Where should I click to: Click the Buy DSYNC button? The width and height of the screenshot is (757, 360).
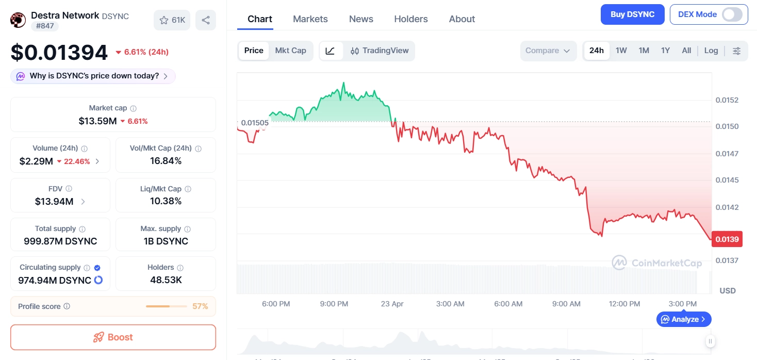pyautogui.click(x=632, y=14)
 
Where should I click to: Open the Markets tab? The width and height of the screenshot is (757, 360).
pyautogui.click(x=310, y=19)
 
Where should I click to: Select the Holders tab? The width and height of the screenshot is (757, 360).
pyautogui.click(x=410, y=19)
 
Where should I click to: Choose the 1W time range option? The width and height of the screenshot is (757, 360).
pyautogui.click(x=621, y=51)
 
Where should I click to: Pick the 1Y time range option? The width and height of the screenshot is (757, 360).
pyautogui.click(x=665, y=51)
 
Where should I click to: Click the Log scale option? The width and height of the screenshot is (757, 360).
pyautogui.click(x=711, y=51)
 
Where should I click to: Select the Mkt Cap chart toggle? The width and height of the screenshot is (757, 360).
pyautogui.click(x=290, y=51)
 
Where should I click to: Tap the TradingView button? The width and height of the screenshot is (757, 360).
pyautogui.click(x=380, y=51)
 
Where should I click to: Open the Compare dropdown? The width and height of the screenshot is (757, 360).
pyautogui.click(x=547, y=51)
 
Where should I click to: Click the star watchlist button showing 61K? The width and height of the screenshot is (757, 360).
pyautogui.click(x=172, y=20)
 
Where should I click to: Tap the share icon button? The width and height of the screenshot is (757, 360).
pyautogui.click(x=206, y=20)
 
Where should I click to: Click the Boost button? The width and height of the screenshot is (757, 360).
pyautogui.click(x=113, y=337)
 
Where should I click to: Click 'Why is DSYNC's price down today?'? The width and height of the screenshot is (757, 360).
pyautogui.click(x=93, y=76)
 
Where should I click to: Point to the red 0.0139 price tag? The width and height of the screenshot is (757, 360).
pyautogui.click(x=727, y=239)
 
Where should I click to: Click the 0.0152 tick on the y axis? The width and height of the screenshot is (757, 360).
pyautogui.click(x=727, y=100)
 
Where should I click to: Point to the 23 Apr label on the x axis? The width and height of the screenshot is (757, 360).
pyautogui.click(x=392, y=304)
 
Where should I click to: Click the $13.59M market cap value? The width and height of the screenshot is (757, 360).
pyautogui.click(x=98, y=121)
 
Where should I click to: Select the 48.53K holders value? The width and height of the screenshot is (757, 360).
pyautogui.click(x=166, y=280)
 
